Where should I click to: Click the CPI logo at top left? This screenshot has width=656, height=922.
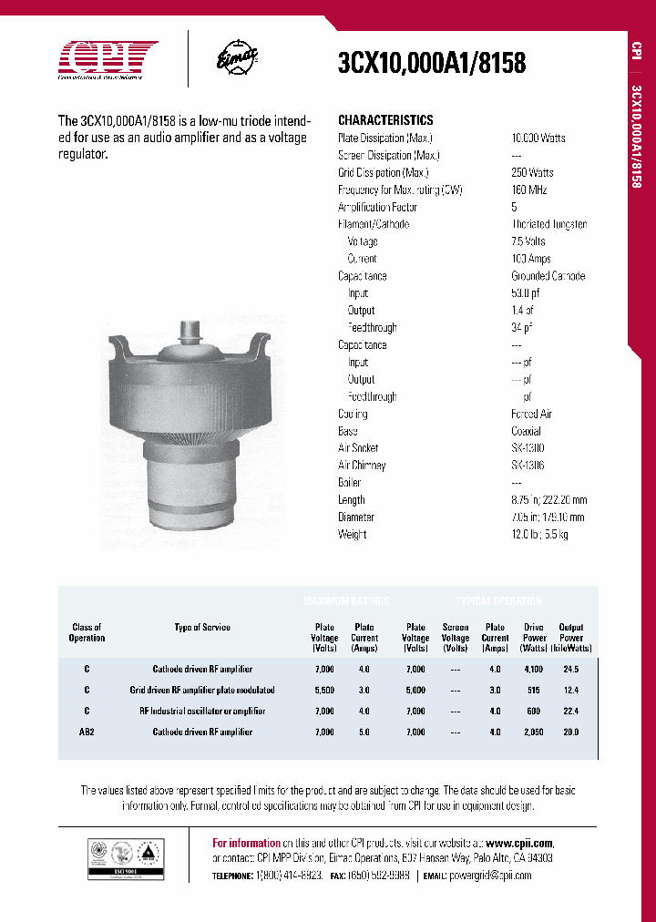tap(108, 60)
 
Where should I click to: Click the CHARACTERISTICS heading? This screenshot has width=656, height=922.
tap(385, 120)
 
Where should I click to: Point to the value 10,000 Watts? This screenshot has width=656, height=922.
tap(538, 138)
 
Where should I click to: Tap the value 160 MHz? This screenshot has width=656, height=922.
tap(532, 190)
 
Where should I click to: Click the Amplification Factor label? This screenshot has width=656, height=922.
tap(377, 207)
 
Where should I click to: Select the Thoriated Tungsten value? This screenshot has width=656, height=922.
tap(548, 224)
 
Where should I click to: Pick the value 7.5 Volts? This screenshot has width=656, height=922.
tap(528, 241)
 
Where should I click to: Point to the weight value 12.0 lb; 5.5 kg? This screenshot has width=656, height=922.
tap(539, 534)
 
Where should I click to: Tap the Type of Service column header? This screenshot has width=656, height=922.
tap(202, 627)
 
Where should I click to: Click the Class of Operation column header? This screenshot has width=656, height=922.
tap(87, 632)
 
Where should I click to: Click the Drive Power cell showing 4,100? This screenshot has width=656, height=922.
tap(534, 669)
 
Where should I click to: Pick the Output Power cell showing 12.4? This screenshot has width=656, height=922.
tap(571, 690)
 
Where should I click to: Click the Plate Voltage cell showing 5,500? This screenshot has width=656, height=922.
tap(324, 690)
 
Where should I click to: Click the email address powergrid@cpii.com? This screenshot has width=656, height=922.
tap(490, 875)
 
